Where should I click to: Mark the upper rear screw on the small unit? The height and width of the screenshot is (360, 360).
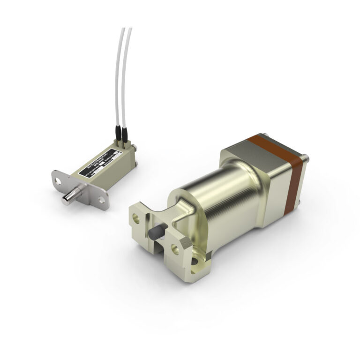coord(135,148)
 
